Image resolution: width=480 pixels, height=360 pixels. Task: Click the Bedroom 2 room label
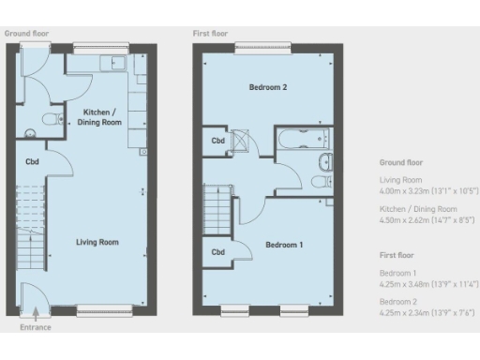(267, 87)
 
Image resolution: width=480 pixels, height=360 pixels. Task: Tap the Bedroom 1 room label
(284, 245)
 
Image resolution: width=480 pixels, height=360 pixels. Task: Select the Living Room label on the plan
(97, 242)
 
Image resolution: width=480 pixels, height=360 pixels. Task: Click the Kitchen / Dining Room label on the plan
(100, 117)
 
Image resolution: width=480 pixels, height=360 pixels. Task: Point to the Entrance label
(36, 328)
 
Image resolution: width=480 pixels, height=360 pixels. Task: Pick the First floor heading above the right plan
(210, 33)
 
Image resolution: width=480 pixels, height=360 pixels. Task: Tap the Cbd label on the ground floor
(32, 160)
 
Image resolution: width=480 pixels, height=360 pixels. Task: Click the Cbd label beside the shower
(217, 142)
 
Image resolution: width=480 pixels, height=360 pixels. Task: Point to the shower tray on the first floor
(241, 142)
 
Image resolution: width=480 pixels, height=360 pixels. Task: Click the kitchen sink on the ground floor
(117, 64)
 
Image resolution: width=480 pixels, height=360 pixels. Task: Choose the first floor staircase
(217, 204)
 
